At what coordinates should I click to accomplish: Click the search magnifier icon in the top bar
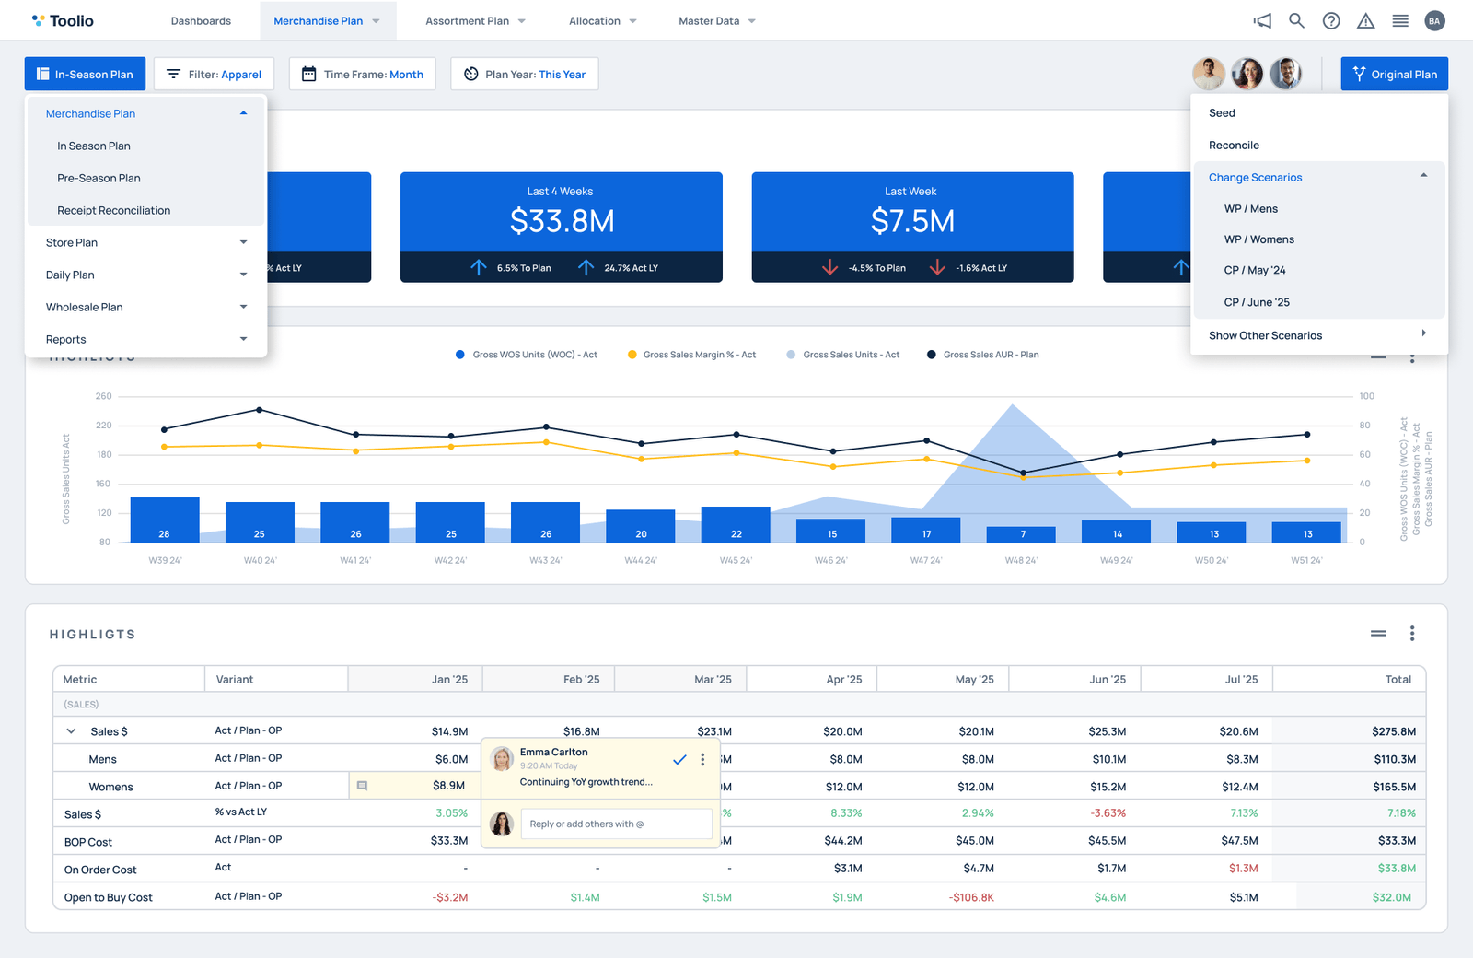(x=1296, y=20)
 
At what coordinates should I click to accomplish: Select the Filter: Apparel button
(x=214, y=75)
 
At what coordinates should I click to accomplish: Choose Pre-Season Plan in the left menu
(x=99, y=178)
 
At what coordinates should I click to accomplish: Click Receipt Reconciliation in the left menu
(x=113, y=210)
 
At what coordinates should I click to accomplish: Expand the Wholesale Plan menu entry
(x=146, y=307)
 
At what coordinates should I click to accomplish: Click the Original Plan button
(x=1394, y=75)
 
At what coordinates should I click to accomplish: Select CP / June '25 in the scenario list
(x=1257, y=302)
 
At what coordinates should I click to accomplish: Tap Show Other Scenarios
(x=1265, y=335)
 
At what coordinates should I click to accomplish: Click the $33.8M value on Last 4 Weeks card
(x=562, y=221)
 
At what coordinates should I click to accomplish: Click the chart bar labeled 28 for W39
(x=165, y=520)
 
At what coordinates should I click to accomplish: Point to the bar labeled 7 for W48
(x=1021, y=534)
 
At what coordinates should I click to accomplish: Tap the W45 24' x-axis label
(x=736, y=560)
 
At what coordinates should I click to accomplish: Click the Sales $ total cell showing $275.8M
(x=1393, y=731)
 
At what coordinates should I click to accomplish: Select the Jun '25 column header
(x=1108, y=680)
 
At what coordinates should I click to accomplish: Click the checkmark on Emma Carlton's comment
(x=679, y=760)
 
